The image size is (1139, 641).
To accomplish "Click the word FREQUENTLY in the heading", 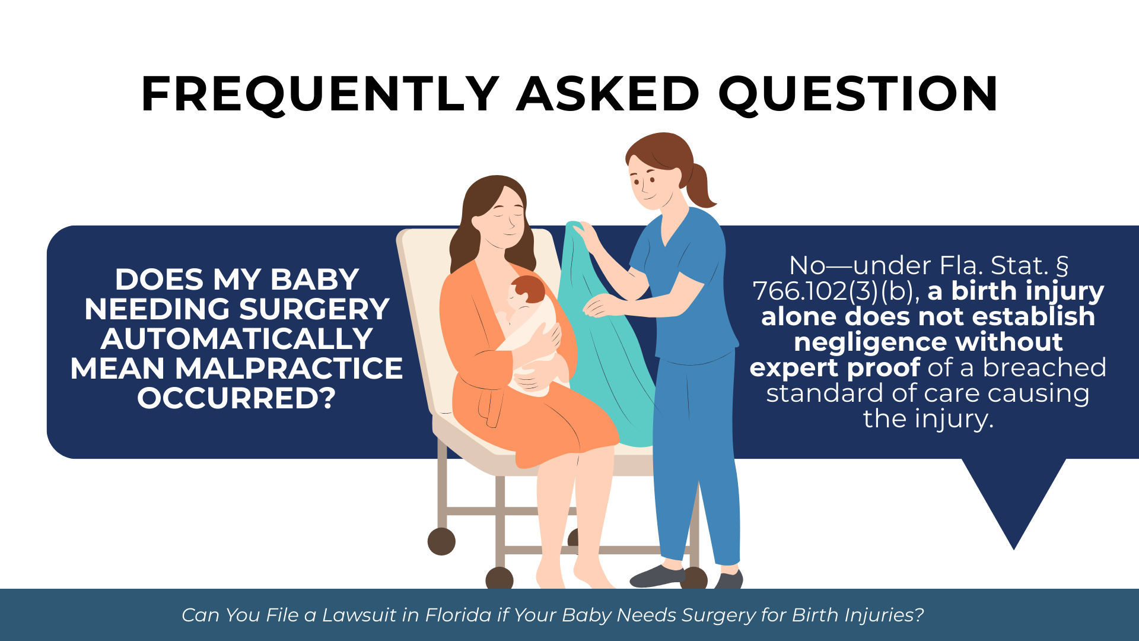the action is pos(320,94).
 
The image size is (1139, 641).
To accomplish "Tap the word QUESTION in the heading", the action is pos(858,94).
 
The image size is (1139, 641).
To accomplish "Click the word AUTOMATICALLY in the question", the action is pos(237,338).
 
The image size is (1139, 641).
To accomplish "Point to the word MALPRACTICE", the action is pos(289,368).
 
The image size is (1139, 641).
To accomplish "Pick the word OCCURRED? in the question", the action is pos(237,398).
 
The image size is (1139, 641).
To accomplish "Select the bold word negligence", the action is pos(928,342).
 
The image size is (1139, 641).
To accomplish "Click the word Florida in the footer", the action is pos(459,615).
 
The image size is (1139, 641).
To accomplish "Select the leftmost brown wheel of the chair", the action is pos(441,541).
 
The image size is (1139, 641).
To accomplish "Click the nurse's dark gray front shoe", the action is pos(657,576).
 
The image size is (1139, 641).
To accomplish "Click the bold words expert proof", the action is pos(835,368).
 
